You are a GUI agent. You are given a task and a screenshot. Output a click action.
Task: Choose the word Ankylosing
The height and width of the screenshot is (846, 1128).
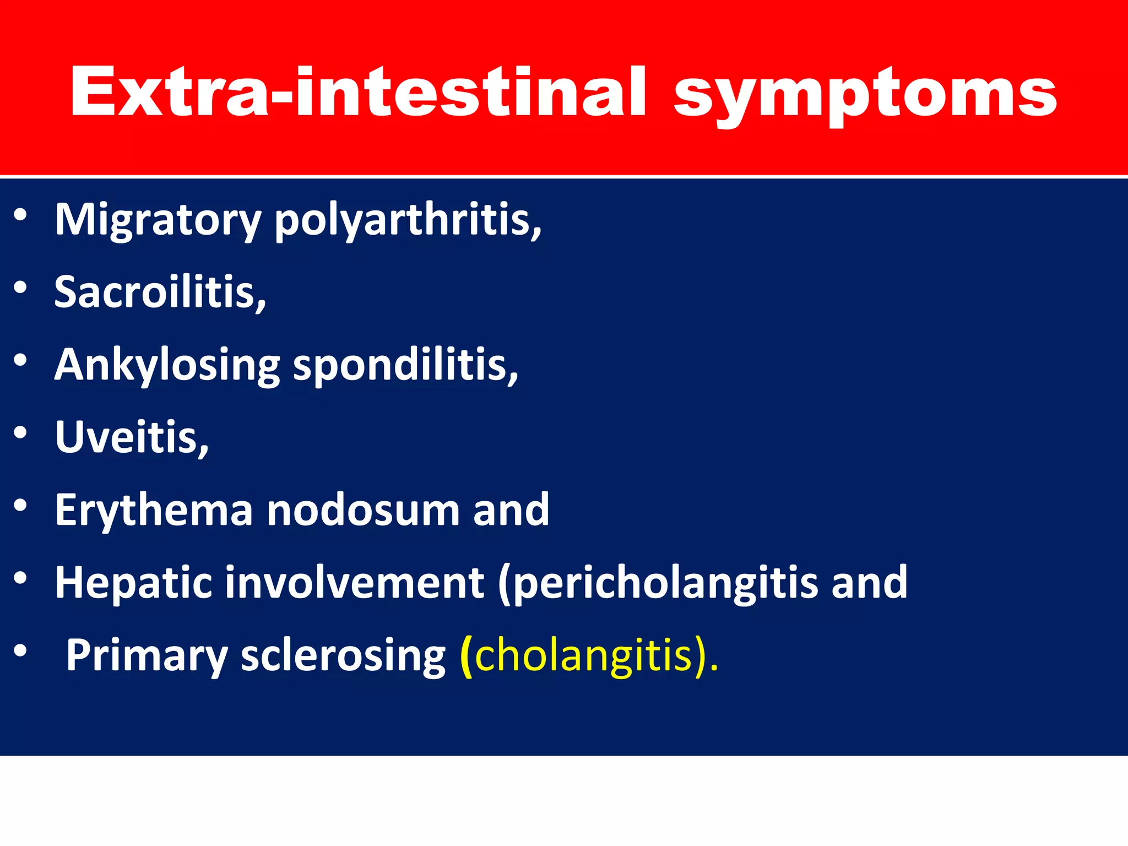coord(167,366)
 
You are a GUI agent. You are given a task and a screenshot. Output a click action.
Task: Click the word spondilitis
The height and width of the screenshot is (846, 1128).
coord(404,366)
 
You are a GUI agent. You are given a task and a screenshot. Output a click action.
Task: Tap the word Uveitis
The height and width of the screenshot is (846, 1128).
coord(131,437)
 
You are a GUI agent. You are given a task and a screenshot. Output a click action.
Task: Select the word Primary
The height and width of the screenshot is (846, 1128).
coord(147,655)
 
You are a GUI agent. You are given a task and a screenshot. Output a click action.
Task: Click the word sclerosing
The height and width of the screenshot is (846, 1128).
coord(343,655)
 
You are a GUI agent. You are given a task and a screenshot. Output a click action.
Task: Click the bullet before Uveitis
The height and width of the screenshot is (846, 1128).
coord(20,433)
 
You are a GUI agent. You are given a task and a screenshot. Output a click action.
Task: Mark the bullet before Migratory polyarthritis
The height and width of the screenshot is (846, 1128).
coord(20,215)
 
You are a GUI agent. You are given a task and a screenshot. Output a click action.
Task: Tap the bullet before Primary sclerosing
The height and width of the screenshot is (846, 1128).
coord(20,650)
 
